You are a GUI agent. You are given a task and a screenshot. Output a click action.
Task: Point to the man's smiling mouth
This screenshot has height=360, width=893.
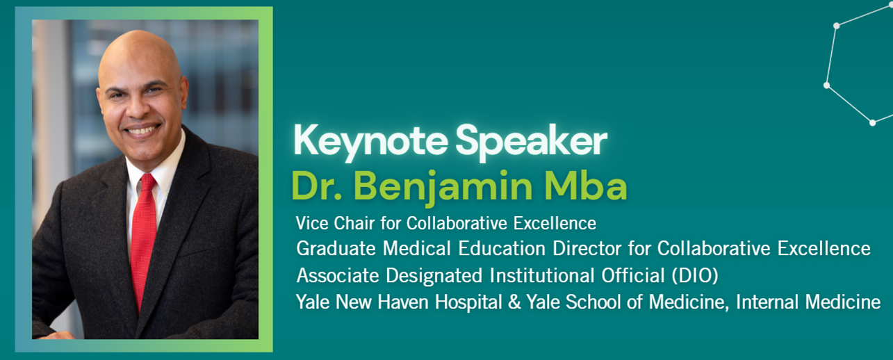point(143,129)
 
